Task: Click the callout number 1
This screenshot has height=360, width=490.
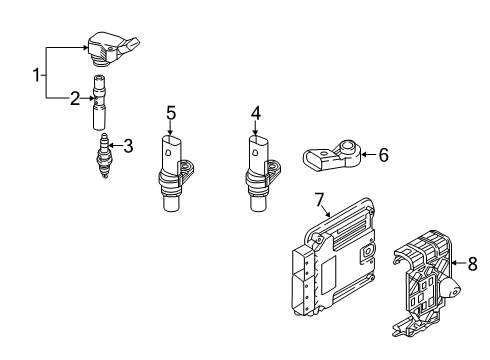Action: point(37,75)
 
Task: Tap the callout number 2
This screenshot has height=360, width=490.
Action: point(75,98)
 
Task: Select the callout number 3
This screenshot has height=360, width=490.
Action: point(128,146)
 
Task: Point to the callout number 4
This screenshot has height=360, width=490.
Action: point(256,113)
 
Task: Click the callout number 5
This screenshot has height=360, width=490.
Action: point(171,113)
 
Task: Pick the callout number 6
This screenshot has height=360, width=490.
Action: point(384,155)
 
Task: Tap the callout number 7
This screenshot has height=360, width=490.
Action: point(319,200)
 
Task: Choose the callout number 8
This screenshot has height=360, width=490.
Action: point(473,264)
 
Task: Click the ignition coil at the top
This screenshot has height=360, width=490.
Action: point(113,49)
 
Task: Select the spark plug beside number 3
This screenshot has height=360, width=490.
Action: point(104,156)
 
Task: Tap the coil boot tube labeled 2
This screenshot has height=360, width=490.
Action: point(99,102)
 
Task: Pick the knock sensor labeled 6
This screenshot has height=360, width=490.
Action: point(332,156)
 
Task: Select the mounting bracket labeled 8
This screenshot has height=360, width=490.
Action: point(426,283)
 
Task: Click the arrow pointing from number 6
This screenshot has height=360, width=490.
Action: point(369,154)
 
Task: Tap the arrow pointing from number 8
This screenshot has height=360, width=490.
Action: point(459,263)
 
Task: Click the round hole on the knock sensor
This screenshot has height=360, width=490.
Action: point(347,145)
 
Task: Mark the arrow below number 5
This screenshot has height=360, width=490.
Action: point(170,128)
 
